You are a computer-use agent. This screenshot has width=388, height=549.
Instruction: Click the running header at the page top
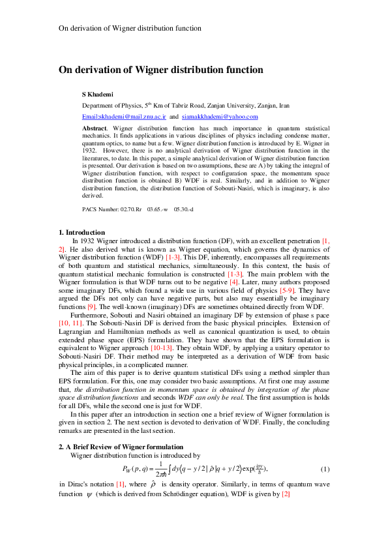point(130,29)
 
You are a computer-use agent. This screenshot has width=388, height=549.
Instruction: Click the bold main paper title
point(160,70)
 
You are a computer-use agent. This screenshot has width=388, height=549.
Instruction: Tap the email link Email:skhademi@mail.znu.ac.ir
point(124,115)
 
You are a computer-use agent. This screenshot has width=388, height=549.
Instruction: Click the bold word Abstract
point(95,129)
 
